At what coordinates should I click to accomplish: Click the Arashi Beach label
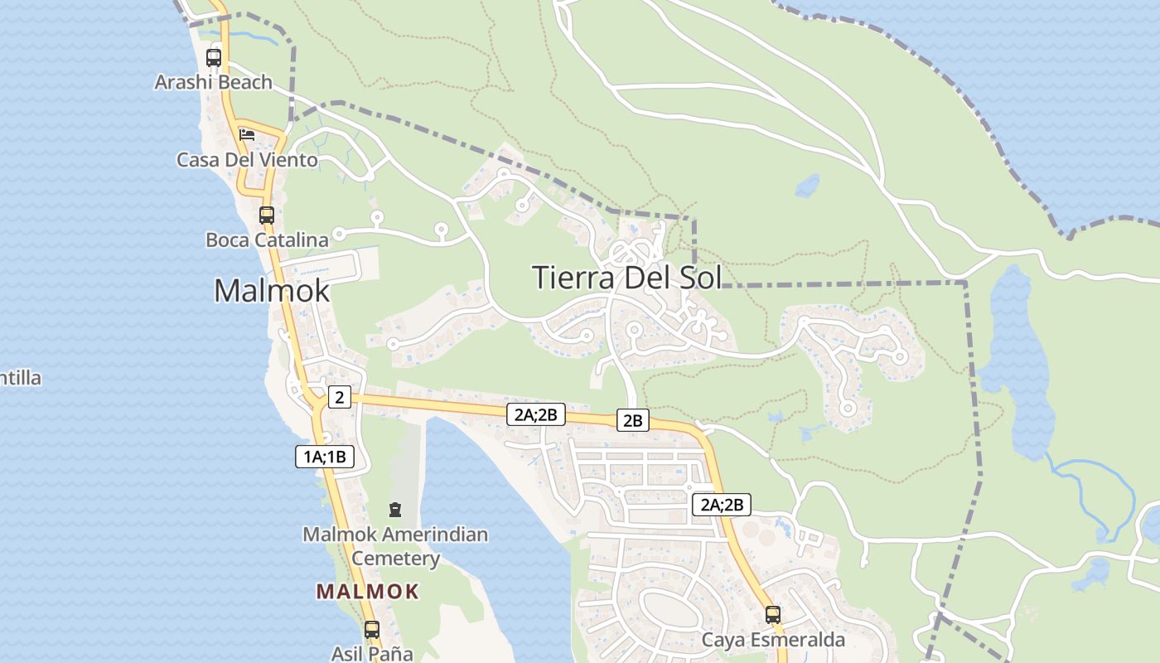[x=214, y=82]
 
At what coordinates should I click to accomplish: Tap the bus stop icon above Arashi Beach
[x=214, y=58]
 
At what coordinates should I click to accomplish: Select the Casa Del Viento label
[x=247, y=160]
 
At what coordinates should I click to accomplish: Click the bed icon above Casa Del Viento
[x=246, y=134]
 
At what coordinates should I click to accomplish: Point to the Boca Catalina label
[x=267, y=240]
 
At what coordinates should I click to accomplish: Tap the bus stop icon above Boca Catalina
[x=267, y=215]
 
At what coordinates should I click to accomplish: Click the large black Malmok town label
[x=272, y=291]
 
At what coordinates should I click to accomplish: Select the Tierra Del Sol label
[x=626, y=278]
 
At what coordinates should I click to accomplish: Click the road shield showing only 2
[x=339, y=398]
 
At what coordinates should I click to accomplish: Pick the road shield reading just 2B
[x=632, y=421]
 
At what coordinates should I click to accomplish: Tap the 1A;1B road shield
[x=325, y=456]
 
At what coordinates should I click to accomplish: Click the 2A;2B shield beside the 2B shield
[x=536, y=414]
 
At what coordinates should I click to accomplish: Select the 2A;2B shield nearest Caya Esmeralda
[x=722, y=505]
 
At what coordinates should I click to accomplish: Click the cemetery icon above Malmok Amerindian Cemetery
[x=395, y=509]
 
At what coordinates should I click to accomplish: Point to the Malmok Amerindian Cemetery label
[x=395, y=546]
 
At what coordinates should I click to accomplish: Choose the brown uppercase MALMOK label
[x=368, y=592]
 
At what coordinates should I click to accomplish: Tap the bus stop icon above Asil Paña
[x=372, y=629]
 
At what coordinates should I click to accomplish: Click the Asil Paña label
[x=372, y=653]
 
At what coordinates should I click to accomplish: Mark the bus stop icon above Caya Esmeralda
[x=773, y=615]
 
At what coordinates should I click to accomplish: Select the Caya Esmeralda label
[x=773, y=640]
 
